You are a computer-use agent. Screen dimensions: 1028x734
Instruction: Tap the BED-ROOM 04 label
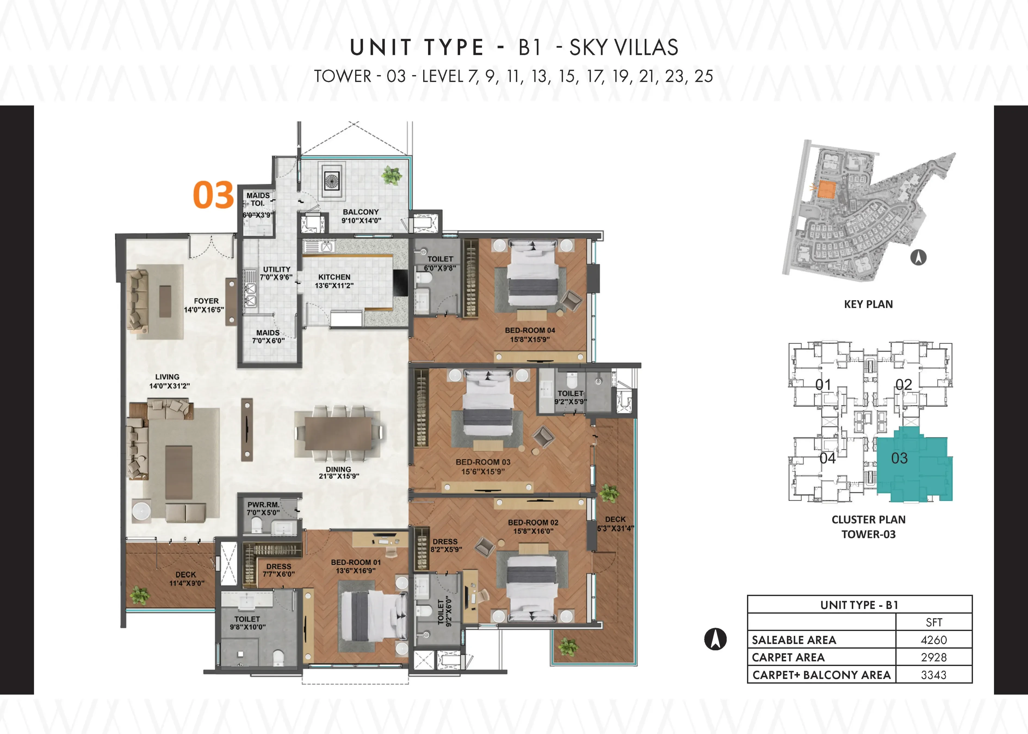[530, 330]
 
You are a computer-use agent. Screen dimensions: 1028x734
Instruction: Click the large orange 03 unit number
[213, 195]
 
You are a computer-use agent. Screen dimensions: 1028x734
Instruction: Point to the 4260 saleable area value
[934, 640]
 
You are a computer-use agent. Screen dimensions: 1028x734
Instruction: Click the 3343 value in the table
[934, 675]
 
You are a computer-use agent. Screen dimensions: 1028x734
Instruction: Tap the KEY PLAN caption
[868, 304]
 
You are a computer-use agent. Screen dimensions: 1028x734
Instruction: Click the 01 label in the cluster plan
[823, 385]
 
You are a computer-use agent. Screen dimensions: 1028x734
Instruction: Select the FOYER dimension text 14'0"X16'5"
[204, 310]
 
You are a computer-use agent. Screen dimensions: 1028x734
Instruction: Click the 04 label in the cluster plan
[828, 458]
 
